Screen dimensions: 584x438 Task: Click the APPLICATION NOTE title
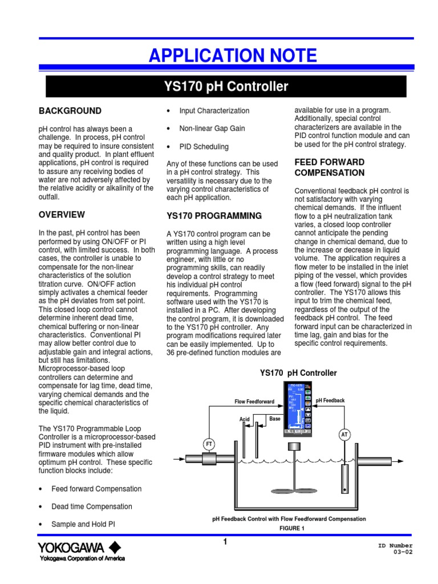(x=232, y=56)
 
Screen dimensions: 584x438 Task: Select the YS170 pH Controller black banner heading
(x=226, y=87)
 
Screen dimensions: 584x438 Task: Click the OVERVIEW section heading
(x=62, y=214)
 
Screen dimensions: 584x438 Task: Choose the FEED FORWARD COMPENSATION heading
(x=329, y=167)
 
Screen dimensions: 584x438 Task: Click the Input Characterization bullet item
(x=214, y=111)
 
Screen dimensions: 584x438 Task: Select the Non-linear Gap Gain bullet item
(x=212, y=128)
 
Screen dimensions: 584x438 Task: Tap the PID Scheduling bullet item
(x=204, y=146)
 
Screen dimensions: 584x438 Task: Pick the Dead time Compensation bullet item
(x=91, y=506)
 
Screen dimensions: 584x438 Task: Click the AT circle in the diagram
(x=344, y=435)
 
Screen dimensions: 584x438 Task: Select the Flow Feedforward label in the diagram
(x=254, y=401)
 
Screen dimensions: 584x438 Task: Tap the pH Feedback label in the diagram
(x=330, y=400)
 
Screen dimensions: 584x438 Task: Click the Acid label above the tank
(x=245, y=419)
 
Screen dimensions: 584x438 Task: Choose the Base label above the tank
(x=275, y=418)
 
